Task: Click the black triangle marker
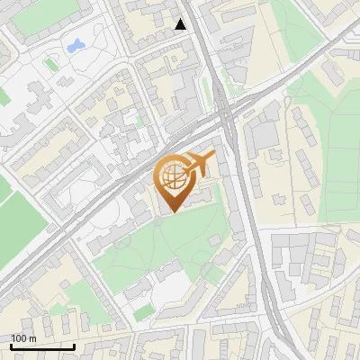pos(181,24)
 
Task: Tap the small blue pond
pos(75,44)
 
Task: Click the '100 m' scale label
pos(24,338)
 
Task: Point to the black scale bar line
pos(42,346)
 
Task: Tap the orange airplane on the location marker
pos(199,162)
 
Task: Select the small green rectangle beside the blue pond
pos(51,63)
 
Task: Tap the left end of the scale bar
pos(11,346)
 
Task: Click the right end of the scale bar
pos(74,346)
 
